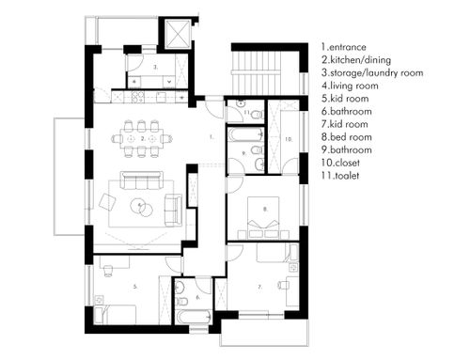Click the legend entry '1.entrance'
[344, 47]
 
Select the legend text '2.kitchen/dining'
[356, 60]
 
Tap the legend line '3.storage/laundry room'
[372, 72]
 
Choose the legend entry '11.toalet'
[340, 176]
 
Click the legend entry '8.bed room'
[347, 137]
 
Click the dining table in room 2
[142, 138]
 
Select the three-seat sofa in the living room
[142, 180]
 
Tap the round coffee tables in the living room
[142, 208]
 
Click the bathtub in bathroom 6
[195, 317]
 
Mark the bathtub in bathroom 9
[245, 134]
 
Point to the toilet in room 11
[258, 115]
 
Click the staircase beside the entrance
[257, 72]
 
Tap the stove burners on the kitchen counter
[137, 96]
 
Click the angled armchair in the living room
[107, 202]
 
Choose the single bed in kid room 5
[116, 314]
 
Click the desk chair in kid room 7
[283, 285]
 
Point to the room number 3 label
[156, 67]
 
